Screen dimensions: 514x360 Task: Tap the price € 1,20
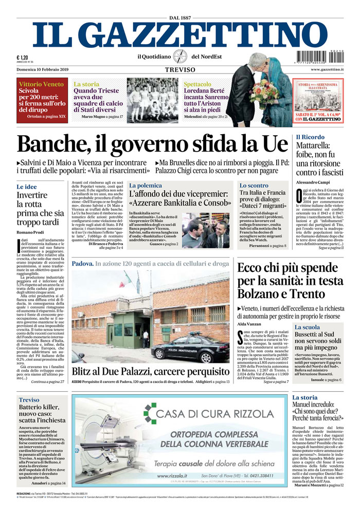pos(22,58)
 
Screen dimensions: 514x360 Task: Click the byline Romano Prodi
pos(30,233)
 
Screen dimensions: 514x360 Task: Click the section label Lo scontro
pos(254,185)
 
